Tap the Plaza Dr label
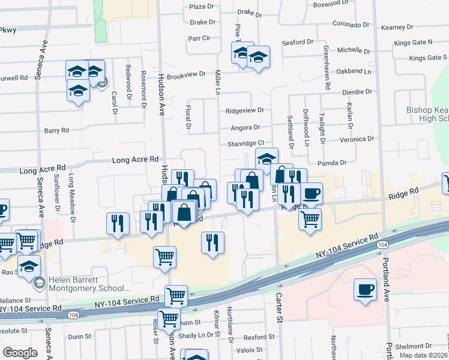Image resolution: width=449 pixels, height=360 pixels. pyautogui.click(x=202, y=7)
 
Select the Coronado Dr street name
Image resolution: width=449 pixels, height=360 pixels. pyautogui.click(x=351, y=25)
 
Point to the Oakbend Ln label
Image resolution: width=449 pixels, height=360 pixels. pyautogui.click(x=354, y=71)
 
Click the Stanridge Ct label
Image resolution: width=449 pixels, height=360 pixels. pyautogui.click(x=246, y=143)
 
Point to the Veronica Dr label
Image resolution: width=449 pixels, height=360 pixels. pyautogui.click(x=357, y=139)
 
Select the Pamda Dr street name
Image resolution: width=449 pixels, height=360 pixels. pyautogui.click(x=334, y=163)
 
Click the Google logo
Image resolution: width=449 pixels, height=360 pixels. pyautogui.click(x=20, y=353)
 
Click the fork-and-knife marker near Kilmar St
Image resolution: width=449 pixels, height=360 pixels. pyautogui.click(x=212, y=243)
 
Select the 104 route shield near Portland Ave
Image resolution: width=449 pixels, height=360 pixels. pyautogui.click(x=382, y=245)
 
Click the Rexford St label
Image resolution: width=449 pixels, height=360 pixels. pyautogui.click(x=255, y=337)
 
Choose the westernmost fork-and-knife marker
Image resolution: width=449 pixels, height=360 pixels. pyautogui.click(x=118, y=223)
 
